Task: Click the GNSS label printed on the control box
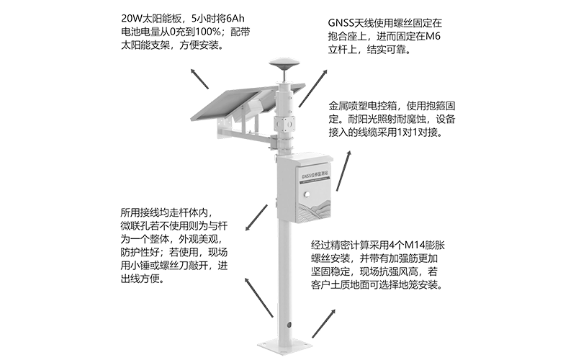[x=304, y=176]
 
